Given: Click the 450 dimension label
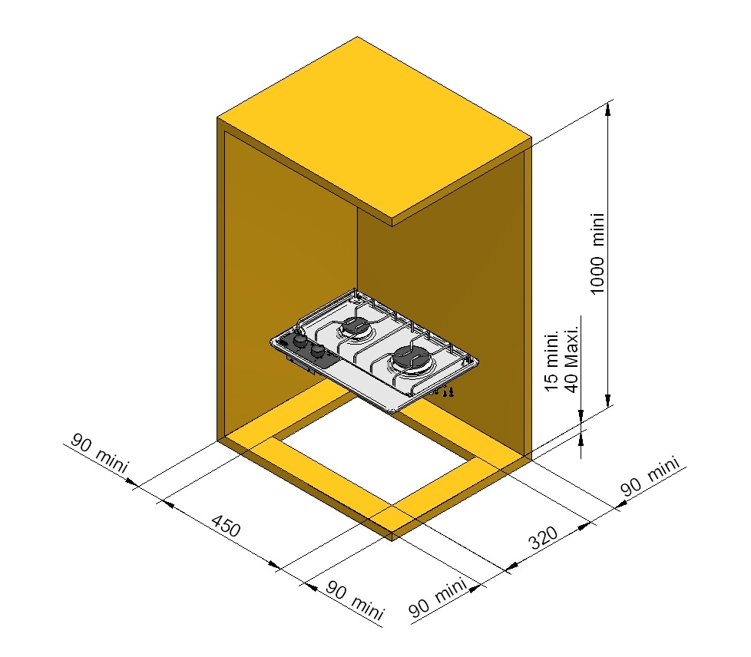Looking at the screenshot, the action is click(x=226, y=525).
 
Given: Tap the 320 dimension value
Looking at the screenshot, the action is click(x=544, y=537).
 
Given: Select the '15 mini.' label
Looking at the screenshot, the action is click(x=552, y=360).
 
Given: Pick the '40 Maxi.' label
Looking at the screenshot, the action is click(x=572, y=359).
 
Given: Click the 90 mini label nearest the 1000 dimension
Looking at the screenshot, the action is click(x=650, y=476).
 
